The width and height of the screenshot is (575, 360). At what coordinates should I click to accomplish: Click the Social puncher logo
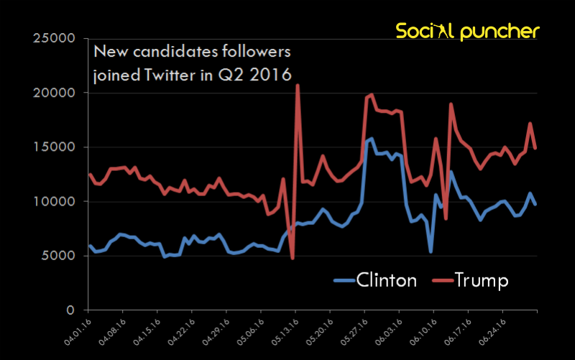(467, 31)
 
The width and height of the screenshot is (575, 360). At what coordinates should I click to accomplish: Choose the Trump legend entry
(471, 280)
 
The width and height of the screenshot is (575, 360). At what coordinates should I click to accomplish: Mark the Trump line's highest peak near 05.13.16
(298, 86)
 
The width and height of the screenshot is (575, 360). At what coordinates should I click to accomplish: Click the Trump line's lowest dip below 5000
(293, 258)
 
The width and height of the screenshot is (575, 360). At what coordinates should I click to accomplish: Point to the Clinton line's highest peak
(371, 139)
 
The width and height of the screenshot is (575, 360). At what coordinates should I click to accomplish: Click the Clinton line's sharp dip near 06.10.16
(431, 251)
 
